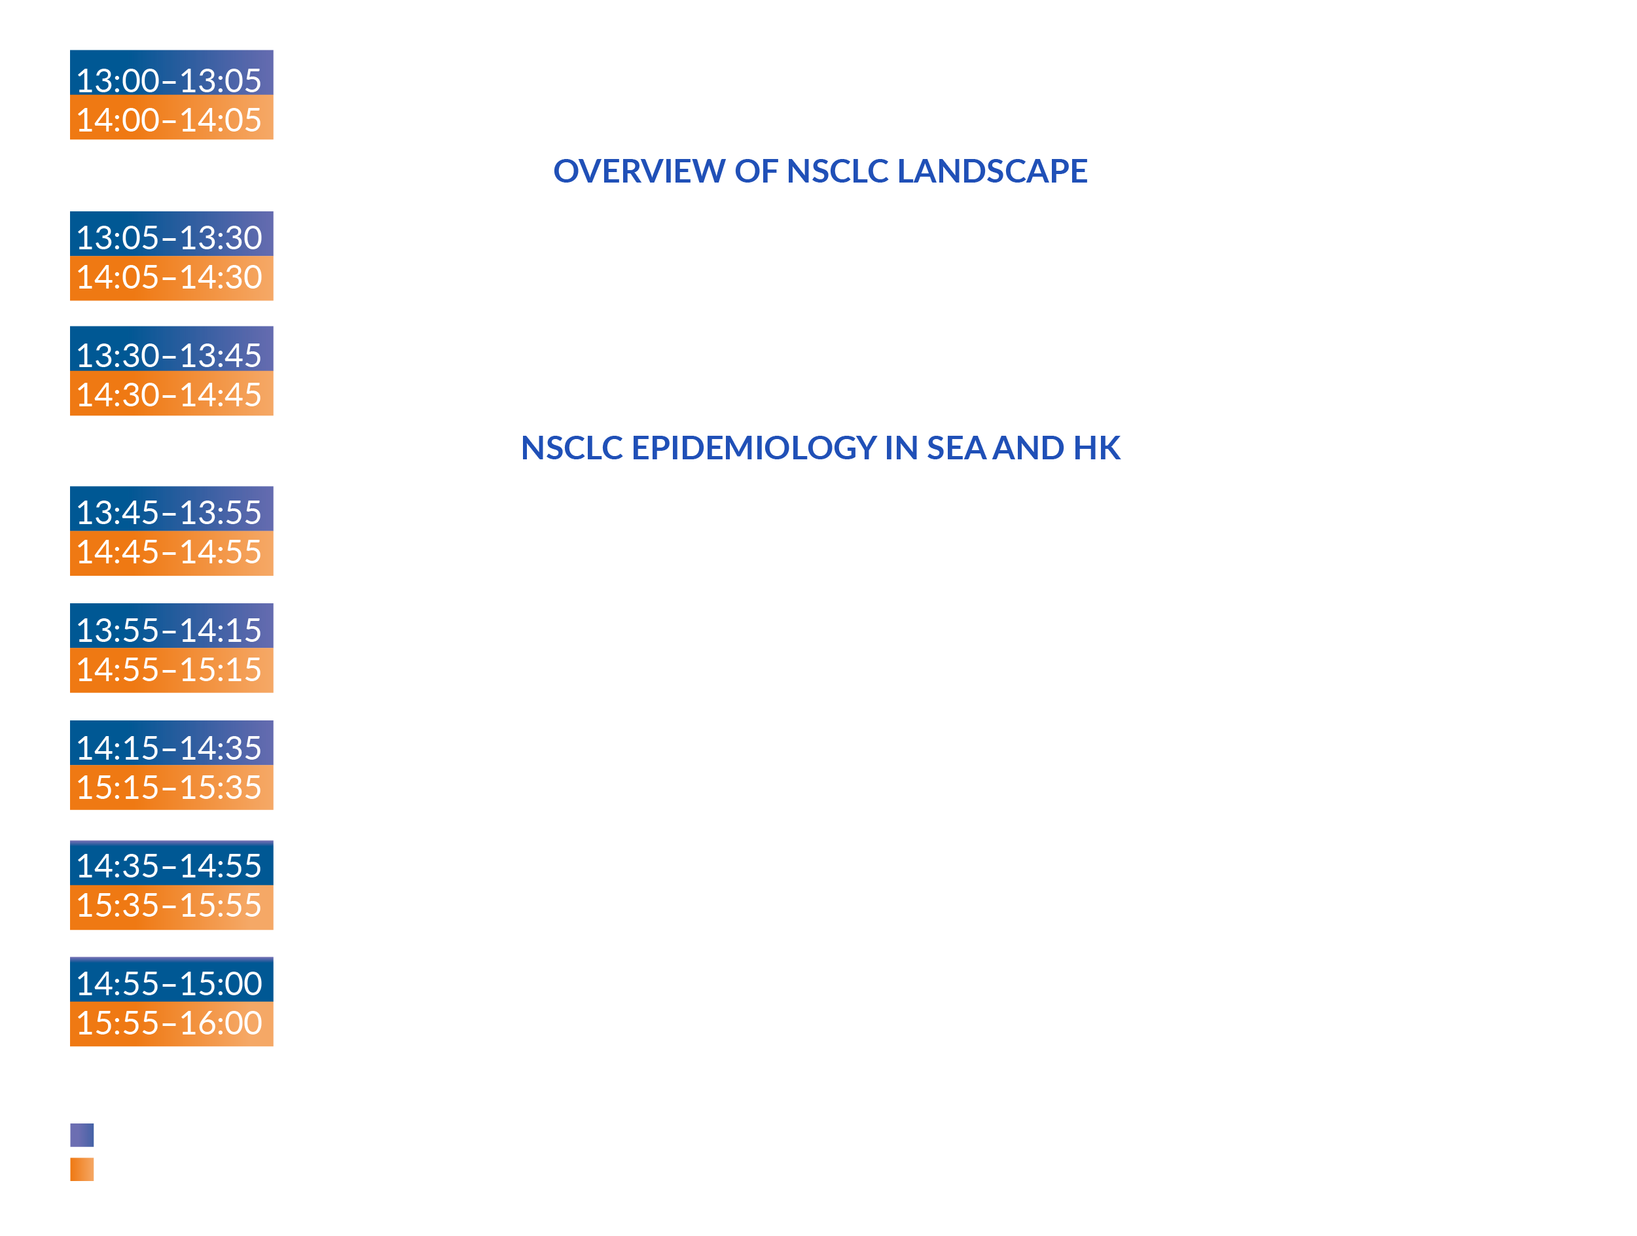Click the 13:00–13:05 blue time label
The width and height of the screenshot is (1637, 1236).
coord(171,73)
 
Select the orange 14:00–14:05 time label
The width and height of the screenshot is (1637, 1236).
coord(171,117)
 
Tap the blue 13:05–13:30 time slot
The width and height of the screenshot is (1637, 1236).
coord(171,234)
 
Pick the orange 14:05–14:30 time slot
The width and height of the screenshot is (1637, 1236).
coord(171,278)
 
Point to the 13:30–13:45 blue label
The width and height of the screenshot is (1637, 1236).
coord(171,348)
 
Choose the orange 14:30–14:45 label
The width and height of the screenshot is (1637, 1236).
coord(171,393)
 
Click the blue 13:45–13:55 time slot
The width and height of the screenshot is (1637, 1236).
coord(171,509)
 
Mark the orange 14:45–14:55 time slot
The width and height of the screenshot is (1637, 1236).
coord(171,554)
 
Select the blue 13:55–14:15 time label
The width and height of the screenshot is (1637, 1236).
coord(171,626)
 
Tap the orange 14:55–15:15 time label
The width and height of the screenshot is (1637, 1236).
coord(171,670)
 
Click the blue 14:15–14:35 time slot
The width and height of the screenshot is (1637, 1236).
coord(171,743)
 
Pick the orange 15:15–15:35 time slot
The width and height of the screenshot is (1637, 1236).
coord(171,787)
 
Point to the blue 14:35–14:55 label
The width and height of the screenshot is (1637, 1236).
coord(171,862)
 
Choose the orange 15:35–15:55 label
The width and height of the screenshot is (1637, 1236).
coord(171,908)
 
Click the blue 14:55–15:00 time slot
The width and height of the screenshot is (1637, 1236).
coord(171,980)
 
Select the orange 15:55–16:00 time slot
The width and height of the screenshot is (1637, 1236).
coord(171,1024)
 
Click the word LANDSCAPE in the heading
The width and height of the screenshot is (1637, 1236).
coord(992,171)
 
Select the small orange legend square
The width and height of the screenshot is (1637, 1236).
coord(82,1169)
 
